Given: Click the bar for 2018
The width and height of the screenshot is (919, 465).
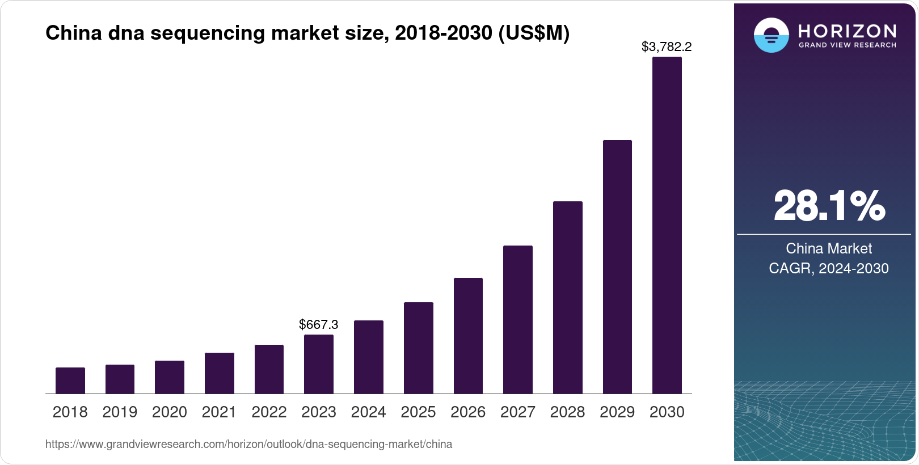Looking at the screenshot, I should point(70,381).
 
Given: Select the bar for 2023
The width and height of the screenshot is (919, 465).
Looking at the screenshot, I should point(319,364).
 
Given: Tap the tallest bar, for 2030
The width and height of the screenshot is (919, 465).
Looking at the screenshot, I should point(667,225).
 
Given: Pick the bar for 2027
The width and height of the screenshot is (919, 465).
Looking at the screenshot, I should point(517,319).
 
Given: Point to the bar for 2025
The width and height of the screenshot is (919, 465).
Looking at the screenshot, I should point(418,348).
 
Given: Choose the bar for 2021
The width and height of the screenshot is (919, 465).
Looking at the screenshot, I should point(219,373).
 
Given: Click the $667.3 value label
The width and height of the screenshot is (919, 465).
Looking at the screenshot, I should point(319,324).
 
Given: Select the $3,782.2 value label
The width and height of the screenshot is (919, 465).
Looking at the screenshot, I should point(667,47).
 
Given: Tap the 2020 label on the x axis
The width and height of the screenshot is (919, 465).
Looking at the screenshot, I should point(170,412).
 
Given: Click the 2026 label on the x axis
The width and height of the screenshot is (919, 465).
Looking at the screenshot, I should point(468,412).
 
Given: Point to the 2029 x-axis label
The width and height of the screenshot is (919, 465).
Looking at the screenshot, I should point(617,412).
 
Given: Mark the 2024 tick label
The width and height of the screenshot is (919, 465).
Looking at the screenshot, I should point(368,412).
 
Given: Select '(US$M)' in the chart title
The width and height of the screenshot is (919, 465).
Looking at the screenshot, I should point(533,33).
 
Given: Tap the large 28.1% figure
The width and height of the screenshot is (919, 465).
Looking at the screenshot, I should point(829,206).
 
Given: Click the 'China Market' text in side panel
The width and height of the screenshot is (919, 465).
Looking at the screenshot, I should point(829,248).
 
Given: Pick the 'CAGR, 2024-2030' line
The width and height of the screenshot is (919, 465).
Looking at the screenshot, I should point(829,268).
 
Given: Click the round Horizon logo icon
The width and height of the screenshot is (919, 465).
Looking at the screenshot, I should point(771,35).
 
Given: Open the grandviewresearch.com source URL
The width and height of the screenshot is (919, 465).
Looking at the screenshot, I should point(248,444).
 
